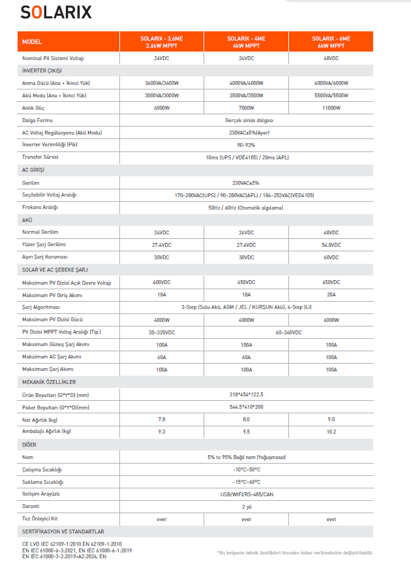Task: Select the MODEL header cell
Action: pyautogui.click(x=32, y=42)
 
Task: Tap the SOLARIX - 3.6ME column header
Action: pyautogui.click(x=162, y=42)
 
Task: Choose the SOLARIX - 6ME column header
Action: pyautogui.click(x=331, y=42)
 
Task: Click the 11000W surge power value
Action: pyautogui.click(x=331, y=108)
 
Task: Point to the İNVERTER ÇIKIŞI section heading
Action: pyautogui.click(x=42, y=71)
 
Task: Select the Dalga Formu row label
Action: pyautogui.click(x=37, y=120)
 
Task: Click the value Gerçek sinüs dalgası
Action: pyautogui.click(x=246, y=120)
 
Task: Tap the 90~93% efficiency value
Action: pyautogui.click(x=246, y=145)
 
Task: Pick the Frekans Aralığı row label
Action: pyautogui.click(x=40, y=207)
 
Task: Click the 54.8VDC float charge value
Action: pyautogui.click(x=331, y=245)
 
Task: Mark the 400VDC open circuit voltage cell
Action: pyautogui.click(x=162, y=282)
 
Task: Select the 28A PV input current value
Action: pyautogui.click(x=331, y=294)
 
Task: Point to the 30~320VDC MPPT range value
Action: pyautogui.click(x=162, y=332)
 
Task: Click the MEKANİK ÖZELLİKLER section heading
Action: pyautogui.click(x=49, y=382)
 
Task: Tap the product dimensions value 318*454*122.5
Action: pyautogui.click(x=246, y=394)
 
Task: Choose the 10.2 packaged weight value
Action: pyautogui.click(x=331, y=432)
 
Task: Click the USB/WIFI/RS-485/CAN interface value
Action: pyautogui.click(x=246, y=494)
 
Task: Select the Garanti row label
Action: pyautogui.click(x=31, y=507)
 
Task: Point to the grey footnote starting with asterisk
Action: pyautogui.click(x=295, y=552)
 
